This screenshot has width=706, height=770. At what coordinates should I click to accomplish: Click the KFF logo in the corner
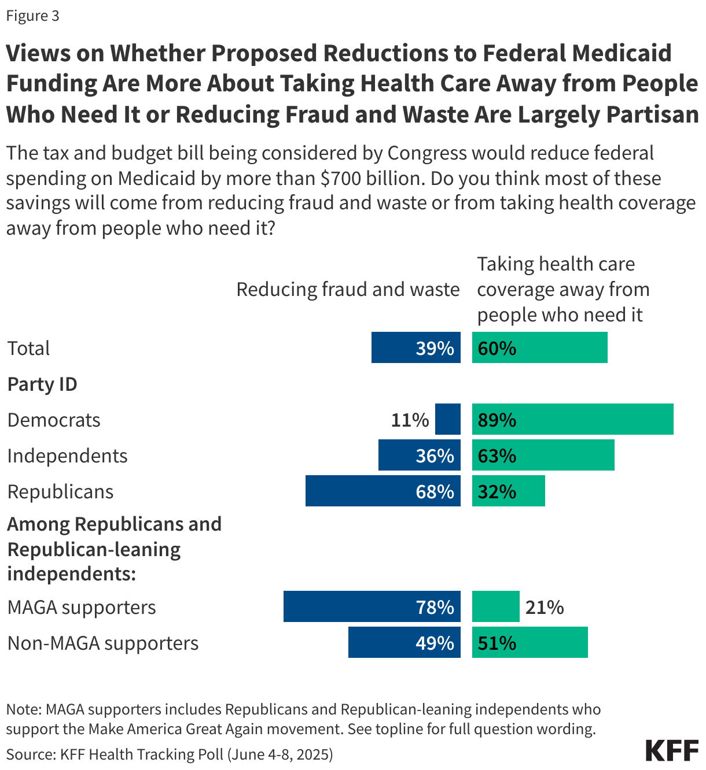click(x=672, y=750)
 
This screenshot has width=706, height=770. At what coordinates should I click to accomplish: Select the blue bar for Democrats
click(x=447, y=419)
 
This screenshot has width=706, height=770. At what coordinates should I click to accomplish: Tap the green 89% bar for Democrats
click(x=572, y=419)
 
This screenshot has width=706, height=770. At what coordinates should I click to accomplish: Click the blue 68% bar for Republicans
click(x=383, y=491)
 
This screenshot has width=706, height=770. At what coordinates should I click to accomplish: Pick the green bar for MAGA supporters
click(x=495, y=606)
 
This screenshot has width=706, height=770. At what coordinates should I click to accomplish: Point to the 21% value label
click(x=545, y=607)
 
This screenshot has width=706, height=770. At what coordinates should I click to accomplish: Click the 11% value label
click(x=410, y=420)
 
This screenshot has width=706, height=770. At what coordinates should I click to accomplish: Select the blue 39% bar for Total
click(x=415, y=347)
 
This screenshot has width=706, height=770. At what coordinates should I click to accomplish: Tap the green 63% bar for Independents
click(x=543, y=455)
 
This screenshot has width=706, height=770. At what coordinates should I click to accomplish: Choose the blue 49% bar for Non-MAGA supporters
click(x=404, y=642)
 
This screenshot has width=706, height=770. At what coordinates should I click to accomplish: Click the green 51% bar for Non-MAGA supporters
click(x=529, y=642)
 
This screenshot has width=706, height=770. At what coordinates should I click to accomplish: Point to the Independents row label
click(x=67, y=456)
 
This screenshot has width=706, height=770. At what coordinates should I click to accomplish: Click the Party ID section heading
click(x=42, y=384)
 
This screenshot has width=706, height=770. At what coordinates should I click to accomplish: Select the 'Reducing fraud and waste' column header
click(x=348, y=289)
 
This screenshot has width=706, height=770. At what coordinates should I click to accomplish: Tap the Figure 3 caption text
click(x=32, y=16)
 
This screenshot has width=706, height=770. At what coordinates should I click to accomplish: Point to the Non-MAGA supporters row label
click(x=102, y=643)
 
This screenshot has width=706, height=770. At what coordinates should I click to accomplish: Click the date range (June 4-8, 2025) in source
click(x=280, y=754)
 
